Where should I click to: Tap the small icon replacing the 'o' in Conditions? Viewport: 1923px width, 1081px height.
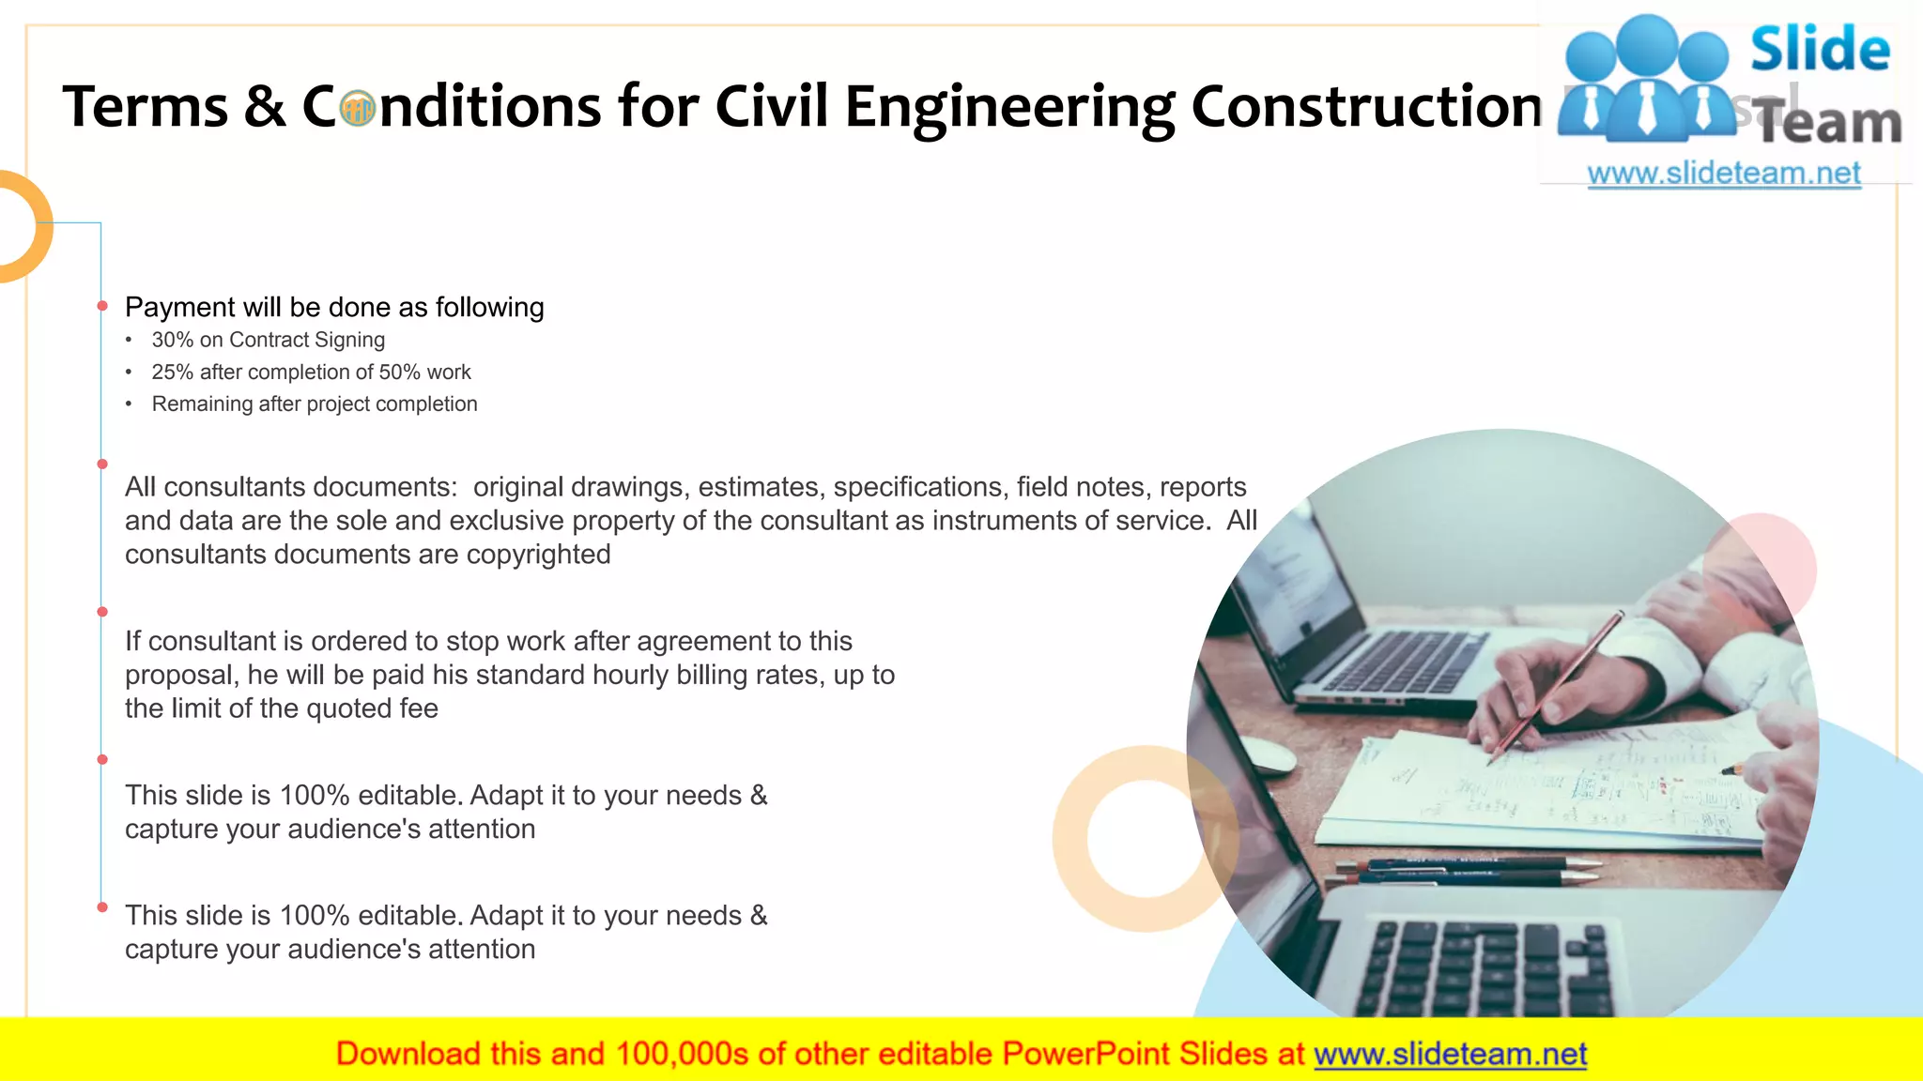pos(357,109)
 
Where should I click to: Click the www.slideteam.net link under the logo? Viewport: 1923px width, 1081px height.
pos(1724,174)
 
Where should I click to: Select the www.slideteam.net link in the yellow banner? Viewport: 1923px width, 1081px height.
pos(1450,1054)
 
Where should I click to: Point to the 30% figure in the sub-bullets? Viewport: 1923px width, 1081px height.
pos(172,340)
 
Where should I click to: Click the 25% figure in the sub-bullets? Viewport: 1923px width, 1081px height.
pos(172,373)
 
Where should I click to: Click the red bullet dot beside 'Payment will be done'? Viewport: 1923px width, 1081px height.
pos(102,306)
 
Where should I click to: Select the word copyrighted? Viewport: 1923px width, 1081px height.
pos(538,555)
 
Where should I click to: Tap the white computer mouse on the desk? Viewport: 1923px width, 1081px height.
pos(1266,754)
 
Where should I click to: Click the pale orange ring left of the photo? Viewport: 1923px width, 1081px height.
pos(1080,873)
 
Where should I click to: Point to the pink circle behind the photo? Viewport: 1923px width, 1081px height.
pos(1784,554)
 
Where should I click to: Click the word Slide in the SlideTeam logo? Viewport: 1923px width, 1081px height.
pos(1820,50)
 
